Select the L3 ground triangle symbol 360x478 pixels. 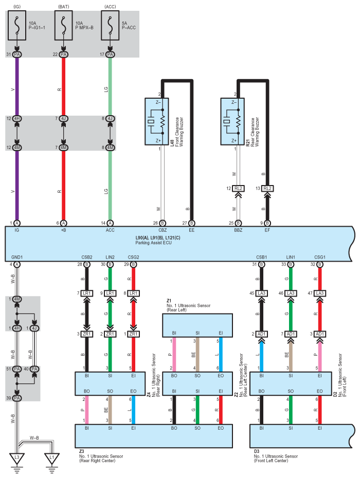click(17, 456)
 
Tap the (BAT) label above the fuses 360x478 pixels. click(64, 6)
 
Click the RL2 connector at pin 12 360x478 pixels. click(238, 188)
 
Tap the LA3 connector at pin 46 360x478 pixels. click(291, 293)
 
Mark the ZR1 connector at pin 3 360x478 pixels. click(86, 334)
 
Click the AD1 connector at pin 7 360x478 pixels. click(291, 334)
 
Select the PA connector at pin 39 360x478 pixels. click(17, 398)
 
